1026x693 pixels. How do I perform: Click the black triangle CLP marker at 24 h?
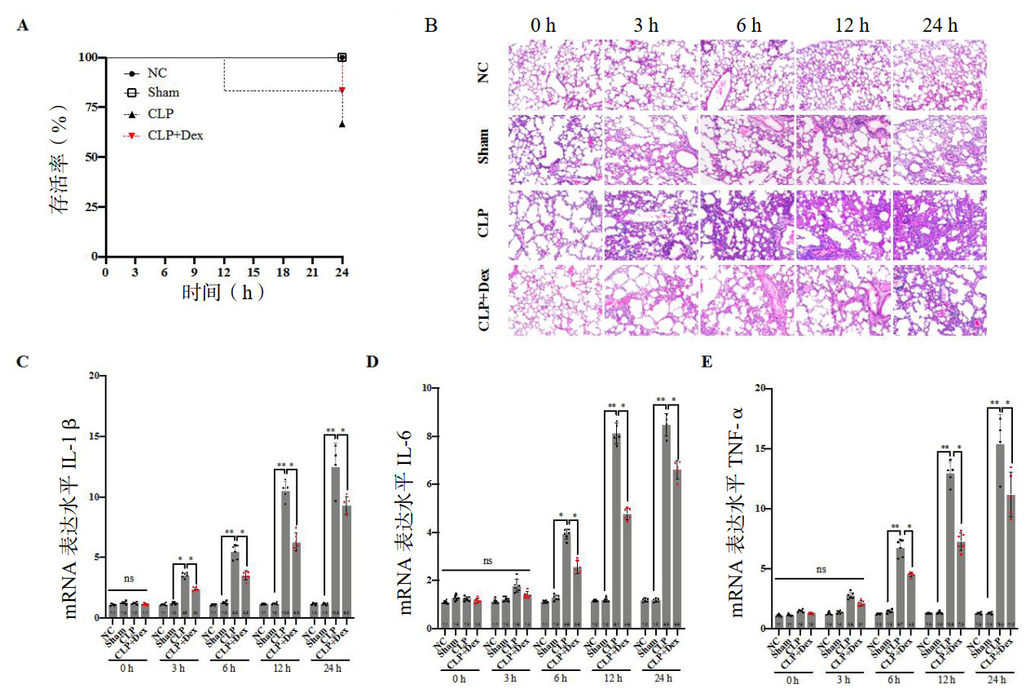tap(342, 124)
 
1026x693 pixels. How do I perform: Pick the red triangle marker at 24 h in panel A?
tap(342, 90)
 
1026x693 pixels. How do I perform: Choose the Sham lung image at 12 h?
tap(845, 152)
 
